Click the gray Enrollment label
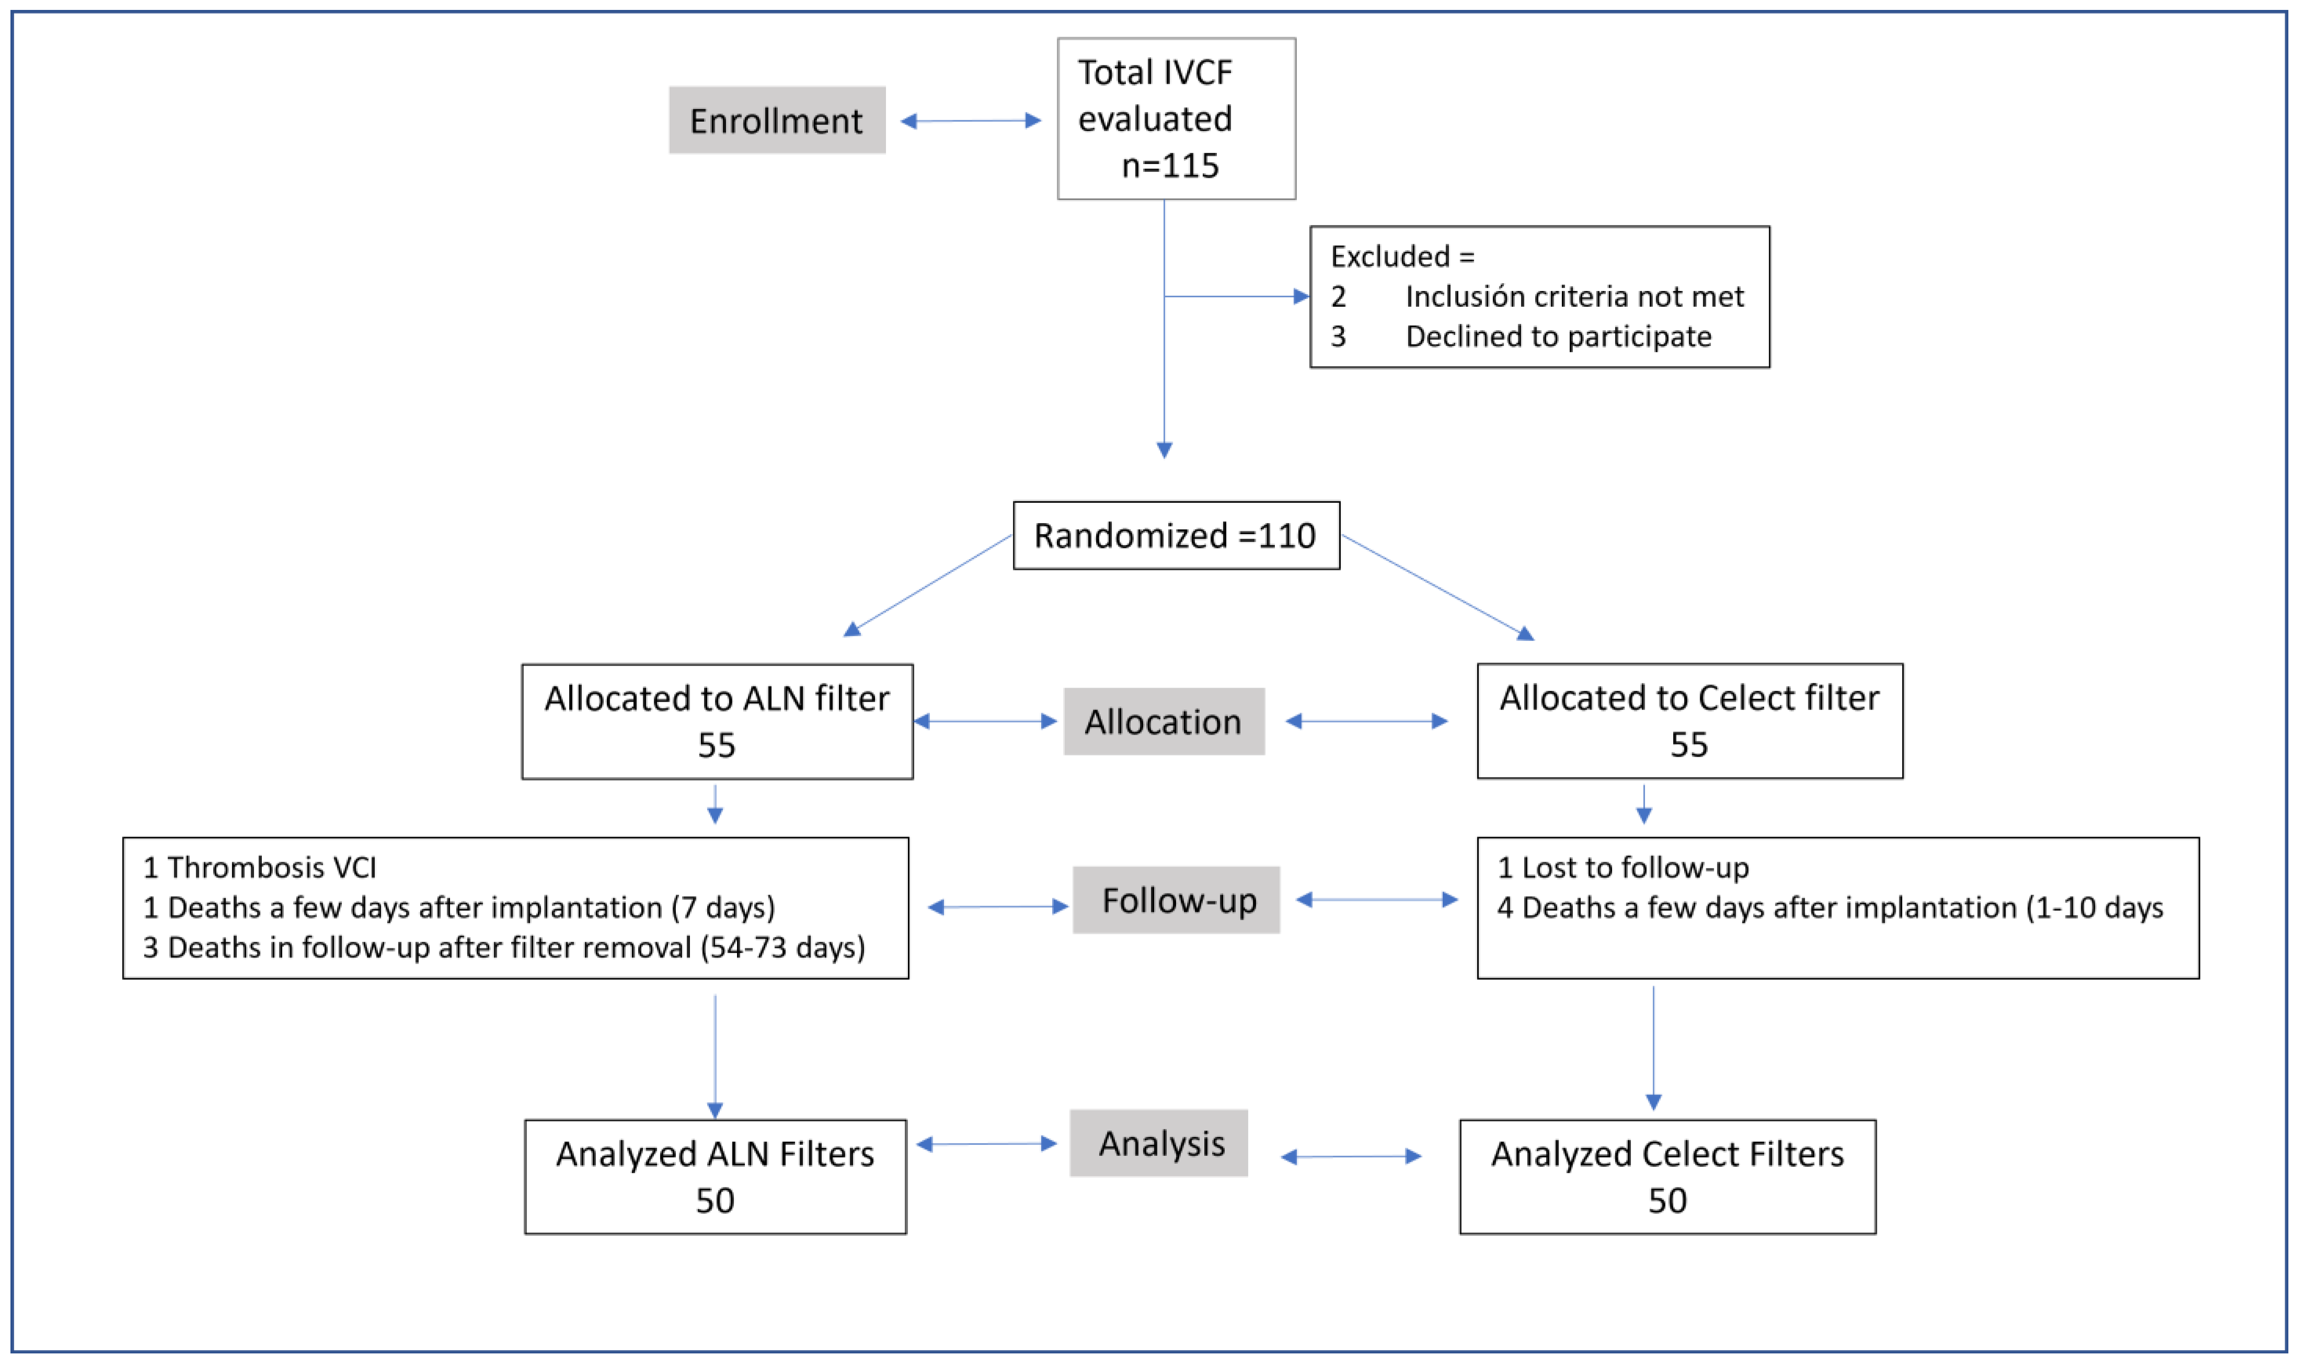click(x=777, y=121)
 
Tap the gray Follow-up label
click(x=1177, y=900)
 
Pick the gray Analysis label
click(x=1159, y=1143)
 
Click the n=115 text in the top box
click(x=1170, y=166)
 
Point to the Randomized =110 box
click(x=1177, y=535)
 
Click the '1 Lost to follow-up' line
click(x=1622, y=868)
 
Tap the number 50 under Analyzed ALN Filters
click(x=715, y=1201)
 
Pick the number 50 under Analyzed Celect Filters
click(x=1667, y=1201)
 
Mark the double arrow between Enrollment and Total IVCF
click(x=971, y=121)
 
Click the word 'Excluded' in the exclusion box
click(x=1390, y=256)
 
